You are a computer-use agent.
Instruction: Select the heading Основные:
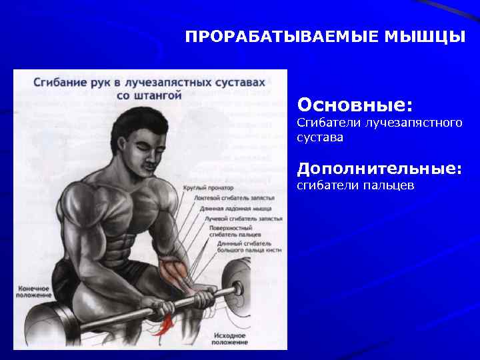[x=355, y=105]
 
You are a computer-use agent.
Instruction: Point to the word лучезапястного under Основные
[x=419, y=123]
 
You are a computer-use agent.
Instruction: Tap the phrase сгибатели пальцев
[x=355, y=185]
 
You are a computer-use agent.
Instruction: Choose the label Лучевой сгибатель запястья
[x=243, y=218]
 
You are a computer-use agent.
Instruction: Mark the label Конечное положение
[x=33, y=291]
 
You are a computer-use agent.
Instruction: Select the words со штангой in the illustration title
[x=148, y=95]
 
